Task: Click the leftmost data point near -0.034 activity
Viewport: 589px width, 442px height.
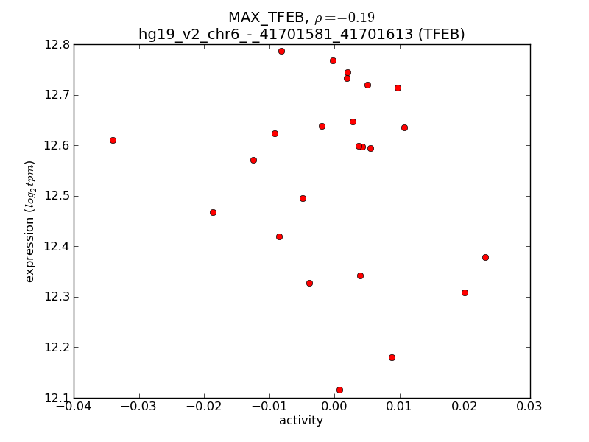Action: tap(113, 140)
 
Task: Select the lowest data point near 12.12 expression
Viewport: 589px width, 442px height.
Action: tap(339, 390)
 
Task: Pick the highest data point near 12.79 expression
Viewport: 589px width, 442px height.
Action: tap(281, 51)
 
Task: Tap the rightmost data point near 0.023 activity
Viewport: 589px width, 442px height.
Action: tap(485, 257)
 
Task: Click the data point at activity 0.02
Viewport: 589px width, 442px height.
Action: tap(465, 292)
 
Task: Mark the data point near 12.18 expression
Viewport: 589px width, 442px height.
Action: tap(392, 357)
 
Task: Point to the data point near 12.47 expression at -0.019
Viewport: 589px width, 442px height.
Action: tap(213, 212)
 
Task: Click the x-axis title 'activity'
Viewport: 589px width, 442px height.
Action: tap(301, 421)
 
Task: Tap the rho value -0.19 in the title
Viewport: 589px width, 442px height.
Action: tap(345, 18)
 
